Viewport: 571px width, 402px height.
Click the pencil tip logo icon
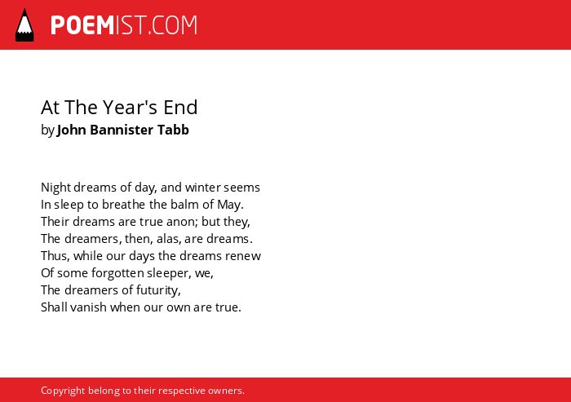(x=24, y=24)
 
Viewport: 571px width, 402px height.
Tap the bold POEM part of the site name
(x=82, y=25)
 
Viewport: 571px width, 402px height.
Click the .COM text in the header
(x=173, y=25)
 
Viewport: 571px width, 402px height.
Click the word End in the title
(x=180, y=108)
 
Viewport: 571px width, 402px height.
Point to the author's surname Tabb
(x=173, y=130)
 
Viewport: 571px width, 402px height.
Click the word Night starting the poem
(x=55, y=188)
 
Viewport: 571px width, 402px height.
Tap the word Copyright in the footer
(x=63, y=391)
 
